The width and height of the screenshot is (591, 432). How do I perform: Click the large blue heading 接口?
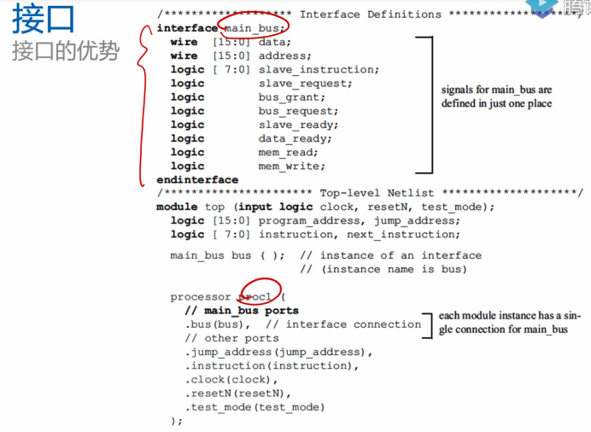point(44,19)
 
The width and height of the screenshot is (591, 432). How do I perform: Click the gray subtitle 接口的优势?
point(67,50)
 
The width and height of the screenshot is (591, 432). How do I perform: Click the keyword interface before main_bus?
point(187,28)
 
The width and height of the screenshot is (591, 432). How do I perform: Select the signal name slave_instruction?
point(319,69)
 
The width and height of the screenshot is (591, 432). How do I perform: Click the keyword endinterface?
point(197,179)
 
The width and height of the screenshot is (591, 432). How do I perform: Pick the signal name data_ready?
point(295,138)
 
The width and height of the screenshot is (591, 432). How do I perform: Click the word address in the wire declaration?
point(285,55)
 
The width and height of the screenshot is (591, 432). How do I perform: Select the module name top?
point(214,207)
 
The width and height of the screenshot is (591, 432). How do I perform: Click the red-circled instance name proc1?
point(258,296)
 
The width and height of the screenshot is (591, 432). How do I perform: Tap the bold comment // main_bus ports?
point(242,311)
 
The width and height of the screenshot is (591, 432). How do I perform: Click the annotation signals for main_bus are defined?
point(496,96)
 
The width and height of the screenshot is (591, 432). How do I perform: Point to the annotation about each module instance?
point(508,323)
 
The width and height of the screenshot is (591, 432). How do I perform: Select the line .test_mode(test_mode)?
point(255,407)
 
